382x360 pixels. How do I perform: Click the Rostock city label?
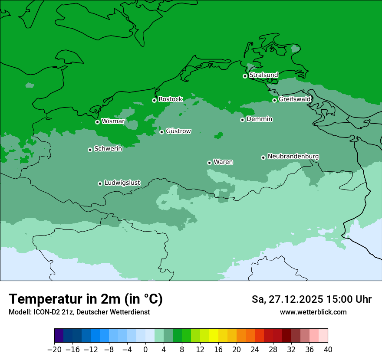pyautogui.click(x=170, y=99)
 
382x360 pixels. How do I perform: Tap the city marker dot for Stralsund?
pyautogui.click(x=245, y=76)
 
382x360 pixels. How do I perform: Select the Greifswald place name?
pyautogui.click(x=294, y=99)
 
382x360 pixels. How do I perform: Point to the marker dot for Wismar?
pyautogui.click(x=97, y=122)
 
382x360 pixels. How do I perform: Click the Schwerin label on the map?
pyautogui.click(x=108, y=149)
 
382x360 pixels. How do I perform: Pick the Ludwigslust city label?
pyautogui.click(x=122, y=183)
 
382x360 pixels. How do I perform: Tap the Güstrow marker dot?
pyautogui.click(x=161, y=132)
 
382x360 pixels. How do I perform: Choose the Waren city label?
pyautogui.click(x=223, y=162)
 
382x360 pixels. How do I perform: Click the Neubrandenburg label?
pyautogui.click(x=293, y=156)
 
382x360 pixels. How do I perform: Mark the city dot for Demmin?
pyautogui.click(x=242, y=120)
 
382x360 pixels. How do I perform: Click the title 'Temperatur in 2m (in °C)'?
pyautogui.click(x=86, y=299)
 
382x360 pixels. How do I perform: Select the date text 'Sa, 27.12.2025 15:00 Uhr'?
pyautogui.click(x=311, y=299)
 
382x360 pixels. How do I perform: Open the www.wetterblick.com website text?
pyautogui.click(x=313, y=312)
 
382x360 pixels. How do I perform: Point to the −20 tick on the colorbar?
pyautogui.click(x=54, y=350)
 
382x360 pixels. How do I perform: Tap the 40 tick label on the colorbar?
pyautogui.click(x=328, y=350)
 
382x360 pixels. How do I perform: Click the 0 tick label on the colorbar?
pyautogui.click(x=145, y=350)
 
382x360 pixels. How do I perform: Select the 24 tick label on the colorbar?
pyautogui.click(x=255, y=350)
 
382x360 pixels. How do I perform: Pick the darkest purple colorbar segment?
pyautogui.click(x=59, y=336)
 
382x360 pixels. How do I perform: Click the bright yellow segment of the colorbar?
pyautogui.click(x=214, y=336)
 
